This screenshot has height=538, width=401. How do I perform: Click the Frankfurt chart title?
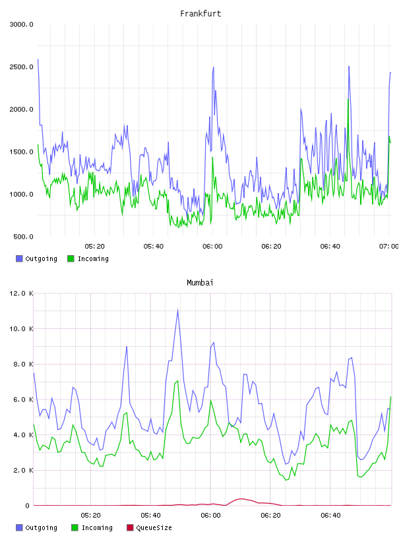200,14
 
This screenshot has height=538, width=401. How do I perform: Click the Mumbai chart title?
200,283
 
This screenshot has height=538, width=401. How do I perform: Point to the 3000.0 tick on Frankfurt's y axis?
21,24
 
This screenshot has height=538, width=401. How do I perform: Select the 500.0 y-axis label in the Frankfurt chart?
23,237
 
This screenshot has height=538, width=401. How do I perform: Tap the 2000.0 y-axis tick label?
21,109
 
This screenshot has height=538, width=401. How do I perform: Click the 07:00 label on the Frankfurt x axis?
388,247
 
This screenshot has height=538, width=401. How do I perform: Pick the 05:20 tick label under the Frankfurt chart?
94,247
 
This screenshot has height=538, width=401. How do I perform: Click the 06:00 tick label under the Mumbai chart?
210,516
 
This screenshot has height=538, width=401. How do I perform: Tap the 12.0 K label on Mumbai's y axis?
21,293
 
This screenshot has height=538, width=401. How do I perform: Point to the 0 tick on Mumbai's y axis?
27,506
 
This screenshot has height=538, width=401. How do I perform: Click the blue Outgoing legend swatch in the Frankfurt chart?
19,258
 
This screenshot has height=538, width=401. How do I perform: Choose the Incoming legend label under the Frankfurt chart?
93,258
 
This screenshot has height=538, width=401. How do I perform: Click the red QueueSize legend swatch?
130,527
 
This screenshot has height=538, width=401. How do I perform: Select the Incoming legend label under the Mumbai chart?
97,527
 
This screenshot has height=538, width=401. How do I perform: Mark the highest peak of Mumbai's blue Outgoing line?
177,309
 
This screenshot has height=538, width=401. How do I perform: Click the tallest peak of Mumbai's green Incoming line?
177,380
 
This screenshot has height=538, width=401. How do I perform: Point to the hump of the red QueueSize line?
241,498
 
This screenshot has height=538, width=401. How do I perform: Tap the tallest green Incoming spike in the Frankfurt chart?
348,100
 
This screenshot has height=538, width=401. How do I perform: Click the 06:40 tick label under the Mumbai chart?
330,516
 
